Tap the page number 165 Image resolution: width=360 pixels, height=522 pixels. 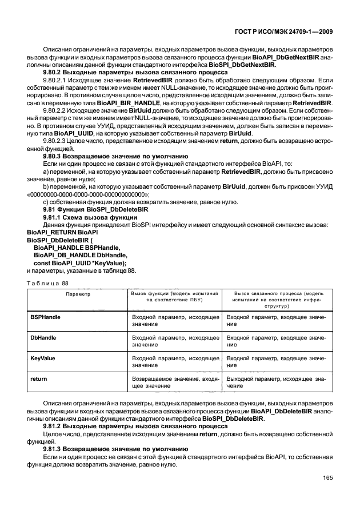328,477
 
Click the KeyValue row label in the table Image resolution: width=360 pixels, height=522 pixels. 42,358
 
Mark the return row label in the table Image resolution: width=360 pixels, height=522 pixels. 37,378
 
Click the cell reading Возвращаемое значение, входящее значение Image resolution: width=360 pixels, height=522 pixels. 175,382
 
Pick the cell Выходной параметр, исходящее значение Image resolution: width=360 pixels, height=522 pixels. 277,382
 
